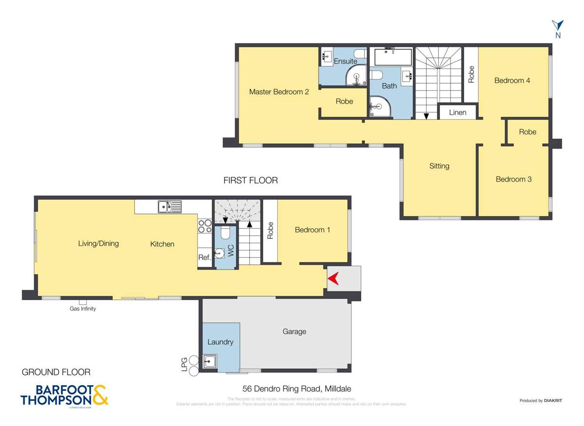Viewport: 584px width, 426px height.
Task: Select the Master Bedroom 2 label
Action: (279, 92)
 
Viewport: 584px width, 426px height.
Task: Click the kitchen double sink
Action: (169, 207)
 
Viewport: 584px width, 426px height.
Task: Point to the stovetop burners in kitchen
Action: (205, 225)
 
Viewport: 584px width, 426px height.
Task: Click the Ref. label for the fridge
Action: (204, 258)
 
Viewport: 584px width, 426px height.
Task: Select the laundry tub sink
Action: (210, 362)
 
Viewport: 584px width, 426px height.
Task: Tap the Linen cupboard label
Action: (457, 112)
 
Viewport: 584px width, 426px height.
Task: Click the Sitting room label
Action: (439, 166)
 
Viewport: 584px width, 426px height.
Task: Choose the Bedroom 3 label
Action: (513, 179)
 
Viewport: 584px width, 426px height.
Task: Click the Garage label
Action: (294, 332)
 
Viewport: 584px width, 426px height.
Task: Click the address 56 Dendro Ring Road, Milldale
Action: (297, 389)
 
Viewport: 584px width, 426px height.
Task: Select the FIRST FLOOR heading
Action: (250, 180)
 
